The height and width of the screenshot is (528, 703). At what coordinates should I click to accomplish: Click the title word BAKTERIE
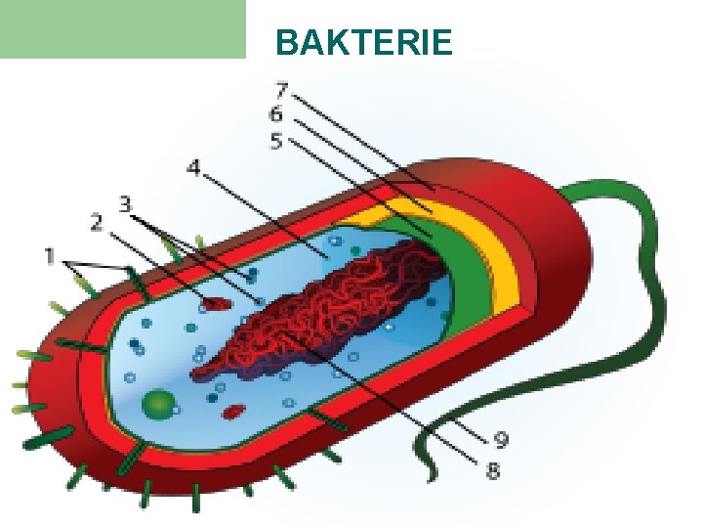[x=364, y=43]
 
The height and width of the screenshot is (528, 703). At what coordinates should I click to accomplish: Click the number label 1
[x=49, y=257]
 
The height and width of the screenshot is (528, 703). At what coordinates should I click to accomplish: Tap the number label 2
[x=97, y=224]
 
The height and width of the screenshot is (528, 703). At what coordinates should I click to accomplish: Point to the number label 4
[x=193, y=169]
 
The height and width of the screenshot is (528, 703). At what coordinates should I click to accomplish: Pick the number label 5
[x=276, y=143]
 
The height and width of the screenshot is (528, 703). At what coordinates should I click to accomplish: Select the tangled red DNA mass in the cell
[x=322, y=303]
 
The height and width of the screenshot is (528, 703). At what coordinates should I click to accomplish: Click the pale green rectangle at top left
[x=122, y=29]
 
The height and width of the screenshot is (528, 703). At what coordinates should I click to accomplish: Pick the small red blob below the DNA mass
[x=232, y=412]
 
